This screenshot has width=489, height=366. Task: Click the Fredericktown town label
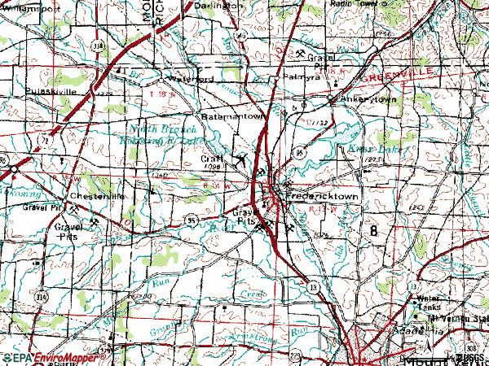click(323, 197)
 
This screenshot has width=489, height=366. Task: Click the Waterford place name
click(190, 80)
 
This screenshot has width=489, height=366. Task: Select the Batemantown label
click(235, 116)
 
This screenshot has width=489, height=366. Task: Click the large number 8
click(374, 230)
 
